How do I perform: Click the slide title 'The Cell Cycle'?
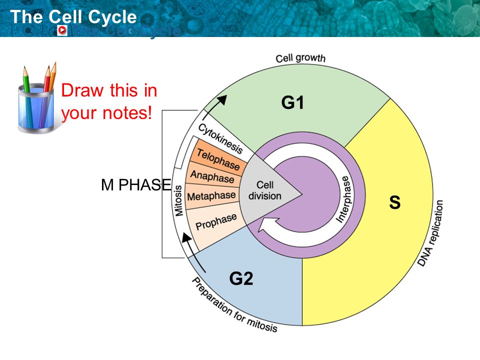(73, 17)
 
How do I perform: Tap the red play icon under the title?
(62, 30)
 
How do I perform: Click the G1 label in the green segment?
(292, 103)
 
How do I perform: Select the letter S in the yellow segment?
(395, 202)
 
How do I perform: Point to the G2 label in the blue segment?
(241, 278)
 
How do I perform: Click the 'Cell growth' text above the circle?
(300, 58)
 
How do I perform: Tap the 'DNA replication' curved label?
(430, 233)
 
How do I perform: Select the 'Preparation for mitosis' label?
(234, 305)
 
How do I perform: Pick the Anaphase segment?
(212, 177)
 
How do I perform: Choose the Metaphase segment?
(211, 195)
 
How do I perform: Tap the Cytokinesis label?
(220, 138)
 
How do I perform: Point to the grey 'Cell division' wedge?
(265, 190)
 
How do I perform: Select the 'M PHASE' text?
(135, 185)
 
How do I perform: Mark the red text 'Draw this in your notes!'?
(108, 102)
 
